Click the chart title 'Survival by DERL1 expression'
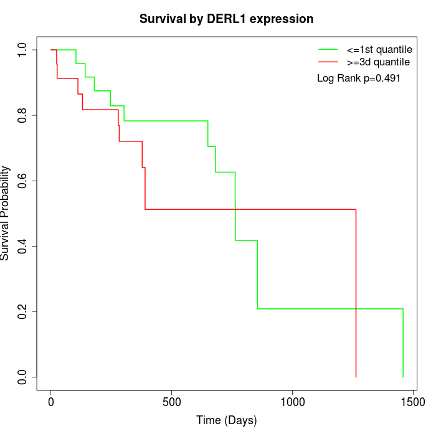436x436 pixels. click(226, 19)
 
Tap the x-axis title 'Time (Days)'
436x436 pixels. click(226, 420)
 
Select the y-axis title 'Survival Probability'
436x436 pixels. click(6, 213)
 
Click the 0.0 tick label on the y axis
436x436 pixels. click(23, 377)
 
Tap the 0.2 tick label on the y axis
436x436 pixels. click(23, 311)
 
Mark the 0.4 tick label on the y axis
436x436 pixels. click(23, 246)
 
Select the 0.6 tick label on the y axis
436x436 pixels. click(23, 181)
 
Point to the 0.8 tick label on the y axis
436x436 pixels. click(23, 115)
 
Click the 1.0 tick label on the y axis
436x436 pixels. click(23, 50)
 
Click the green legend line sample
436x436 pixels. click(328, 49)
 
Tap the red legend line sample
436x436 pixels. click(328, 62)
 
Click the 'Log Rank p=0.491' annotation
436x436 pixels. click(358, 78)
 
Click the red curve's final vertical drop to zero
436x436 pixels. click(356, 293)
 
